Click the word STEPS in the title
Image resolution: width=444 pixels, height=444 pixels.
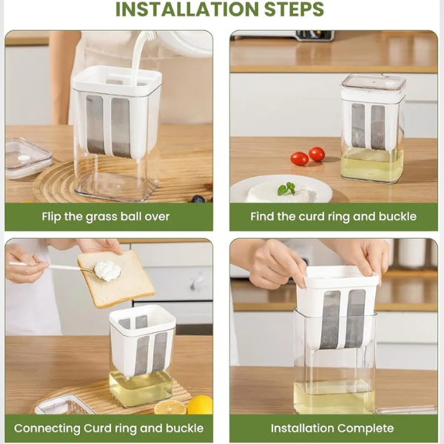click(x=294, y=9)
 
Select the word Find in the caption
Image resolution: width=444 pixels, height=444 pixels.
click(x=262, y=216)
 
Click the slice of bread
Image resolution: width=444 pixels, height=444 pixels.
click(x=116, y=279)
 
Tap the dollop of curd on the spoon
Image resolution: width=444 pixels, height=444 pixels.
click(x=107, y=271)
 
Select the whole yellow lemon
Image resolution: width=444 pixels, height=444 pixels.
click(x=200, y=405)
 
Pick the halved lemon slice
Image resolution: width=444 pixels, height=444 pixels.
click(x=170, y=408)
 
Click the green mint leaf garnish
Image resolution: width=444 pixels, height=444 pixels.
click(x=286, y=189)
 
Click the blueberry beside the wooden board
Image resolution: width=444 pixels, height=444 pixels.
click(x=198, y=199)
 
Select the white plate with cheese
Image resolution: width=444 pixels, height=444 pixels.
click(x=281, y=189)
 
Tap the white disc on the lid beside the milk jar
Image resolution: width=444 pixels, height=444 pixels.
click(x=24, y=158)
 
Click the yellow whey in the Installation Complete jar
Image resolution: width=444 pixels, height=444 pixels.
click(x=334, y=397)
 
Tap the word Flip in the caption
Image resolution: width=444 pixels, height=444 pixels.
click(x=51, y=217)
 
